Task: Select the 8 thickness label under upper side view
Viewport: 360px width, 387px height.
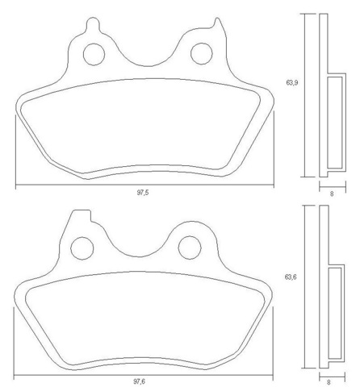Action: (x=331, y=193)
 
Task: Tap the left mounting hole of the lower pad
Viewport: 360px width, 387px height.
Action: (x=82, y=246)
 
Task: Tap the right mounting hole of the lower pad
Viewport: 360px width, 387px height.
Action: (x=190, y=246)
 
